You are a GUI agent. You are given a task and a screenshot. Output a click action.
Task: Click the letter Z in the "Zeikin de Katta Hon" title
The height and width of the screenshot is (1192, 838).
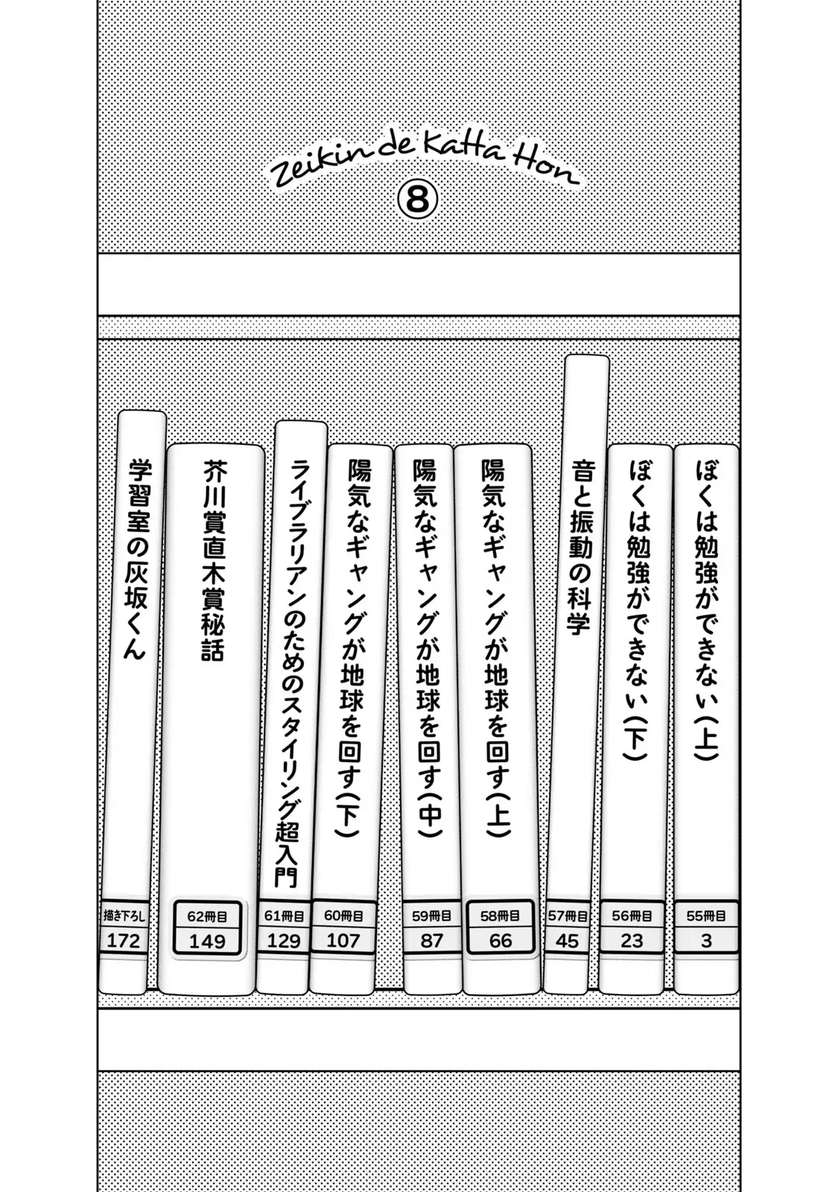coord(283,175)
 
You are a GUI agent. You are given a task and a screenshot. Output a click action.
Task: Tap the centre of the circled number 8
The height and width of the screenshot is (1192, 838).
coord(418,200)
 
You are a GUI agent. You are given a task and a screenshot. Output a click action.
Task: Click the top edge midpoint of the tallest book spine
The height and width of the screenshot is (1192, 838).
coord(587,355)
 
